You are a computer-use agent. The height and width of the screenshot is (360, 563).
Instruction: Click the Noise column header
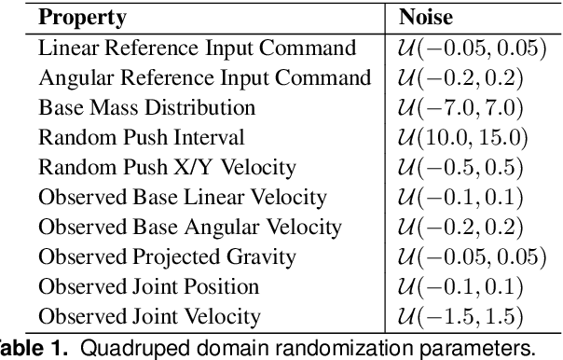click(x=426, y=17)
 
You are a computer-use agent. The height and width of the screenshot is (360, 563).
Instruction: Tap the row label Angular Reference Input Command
click(x=205, y=77)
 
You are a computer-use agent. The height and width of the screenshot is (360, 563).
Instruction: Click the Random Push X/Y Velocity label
click(x=167, y=167)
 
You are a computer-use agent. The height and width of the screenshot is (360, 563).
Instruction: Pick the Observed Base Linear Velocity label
click(x=183, y=198)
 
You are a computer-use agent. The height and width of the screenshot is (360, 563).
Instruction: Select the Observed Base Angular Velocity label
click(x=190, y=228)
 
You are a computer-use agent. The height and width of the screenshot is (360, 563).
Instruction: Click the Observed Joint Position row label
click(x=161, y=287)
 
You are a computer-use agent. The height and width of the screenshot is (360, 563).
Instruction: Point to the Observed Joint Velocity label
click(x=162, y=317)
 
